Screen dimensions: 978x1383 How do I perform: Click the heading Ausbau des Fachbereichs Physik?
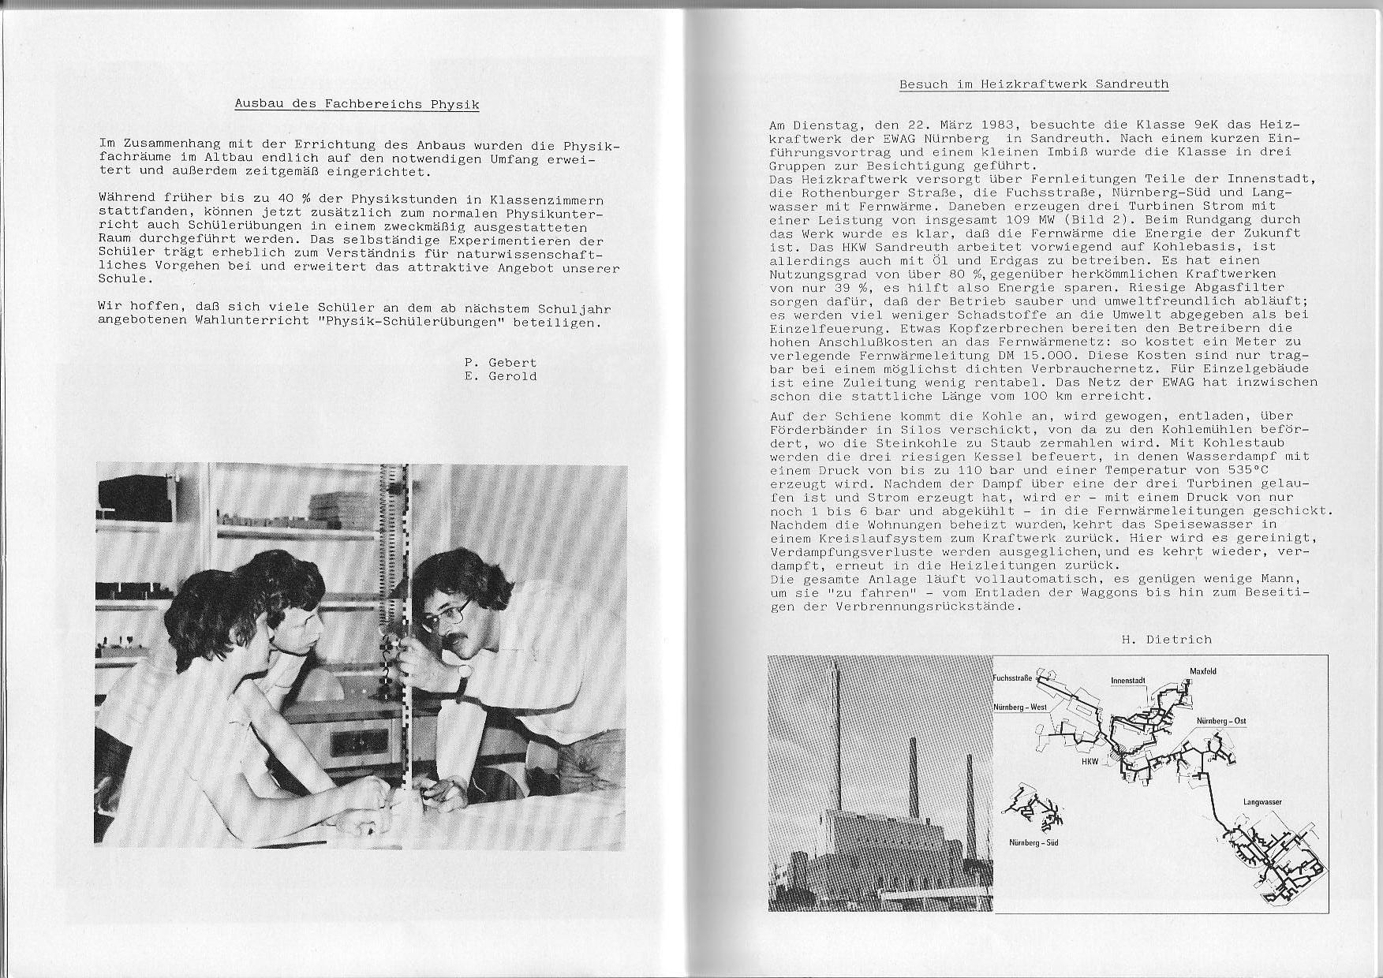[357, 104]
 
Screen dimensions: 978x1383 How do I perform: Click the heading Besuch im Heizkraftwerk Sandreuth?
[1034, 84]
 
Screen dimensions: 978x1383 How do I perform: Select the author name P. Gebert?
[500, 363]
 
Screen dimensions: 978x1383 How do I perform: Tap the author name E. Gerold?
[500, 376]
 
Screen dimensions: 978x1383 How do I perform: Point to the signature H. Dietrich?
[1166, 640]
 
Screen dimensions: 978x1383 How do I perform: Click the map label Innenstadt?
[1127, 681]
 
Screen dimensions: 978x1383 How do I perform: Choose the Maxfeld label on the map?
[1203, 671]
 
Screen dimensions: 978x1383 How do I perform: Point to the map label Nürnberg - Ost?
[1220, 722]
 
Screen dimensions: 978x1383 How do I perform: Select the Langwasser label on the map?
[1262, 802]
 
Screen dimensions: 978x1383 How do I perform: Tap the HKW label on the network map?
[1090, 762]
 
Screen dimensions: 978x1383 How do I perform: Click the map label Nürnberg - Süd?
[1034, 843]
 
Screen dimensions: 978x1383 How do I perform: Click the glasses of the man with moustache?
[445, 614]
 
